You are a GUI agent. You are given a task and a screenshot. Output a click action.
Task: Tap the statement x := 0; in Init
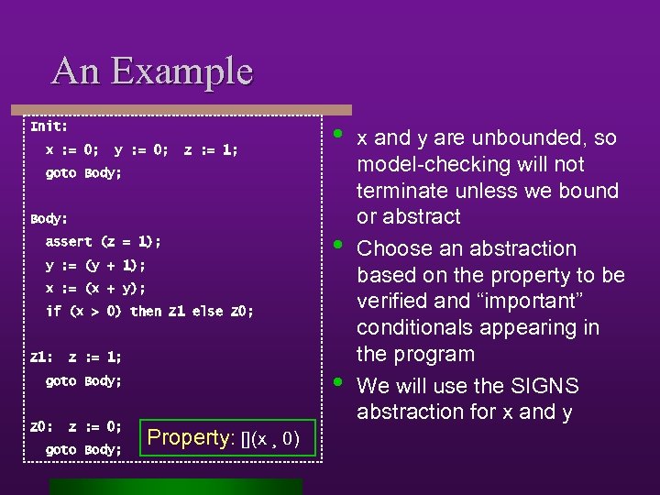click(72, 149)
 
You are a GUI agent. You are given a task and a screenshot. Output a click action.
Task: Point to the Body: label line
click(49, 219)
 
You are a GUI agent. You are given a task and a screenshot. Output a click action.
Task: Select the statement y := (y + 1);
click(95, 266)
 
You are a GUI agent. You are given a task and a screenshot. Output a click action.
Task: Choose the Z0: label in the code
click(41, 426)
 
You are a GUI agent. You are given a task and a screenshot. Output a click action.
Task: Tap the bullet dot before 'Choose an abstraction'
click(338, 244)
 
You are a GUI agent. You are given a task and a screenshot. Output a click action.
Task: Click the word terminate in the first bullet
click(398, 192)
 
